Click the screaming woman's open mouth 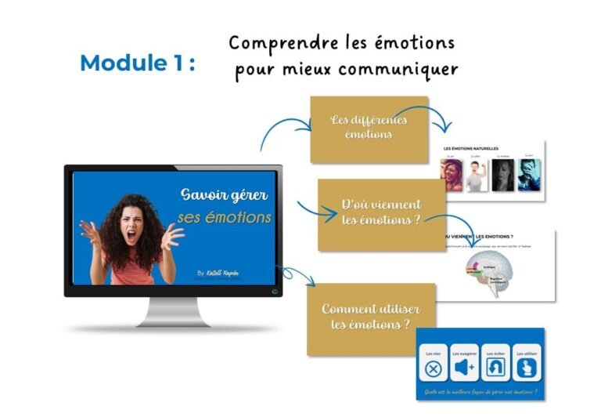131,234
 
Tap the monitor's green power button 274,291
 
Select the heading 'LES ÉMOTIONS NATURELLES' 472,148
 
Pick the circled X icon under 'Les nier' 432,367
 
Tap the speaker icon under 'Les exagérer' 465,367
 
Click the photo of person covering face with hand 530,176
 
